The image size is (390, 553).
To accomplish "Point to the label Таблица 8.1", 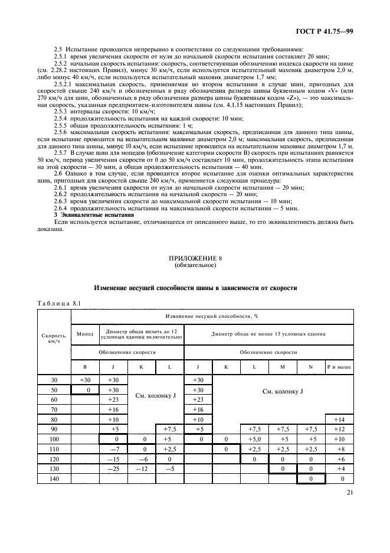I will pyautogui.click(x=58, y=303).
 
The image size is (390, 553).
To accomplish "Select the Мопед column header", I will pyautogui.click(x=84, y=333).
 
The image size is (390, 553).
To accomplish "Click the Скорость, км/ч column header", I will pyautogui.click(x=54, y=339).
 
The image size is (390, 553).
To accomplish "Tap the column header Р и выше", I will pyautogui.click(x=339, y=367).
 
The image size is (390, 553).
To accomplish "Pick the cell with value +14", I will pyautogui.click(x=339, y=419).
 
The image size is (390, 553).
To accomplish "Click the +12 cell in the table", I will pyautogui.click(x=339, y=429).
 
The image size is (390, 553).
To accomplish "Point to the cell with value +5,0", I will pyautogui.click(x=254, y=439).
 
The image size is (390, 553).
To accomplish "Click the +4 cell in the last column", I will pyautogui.click(x=339, y=469).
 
